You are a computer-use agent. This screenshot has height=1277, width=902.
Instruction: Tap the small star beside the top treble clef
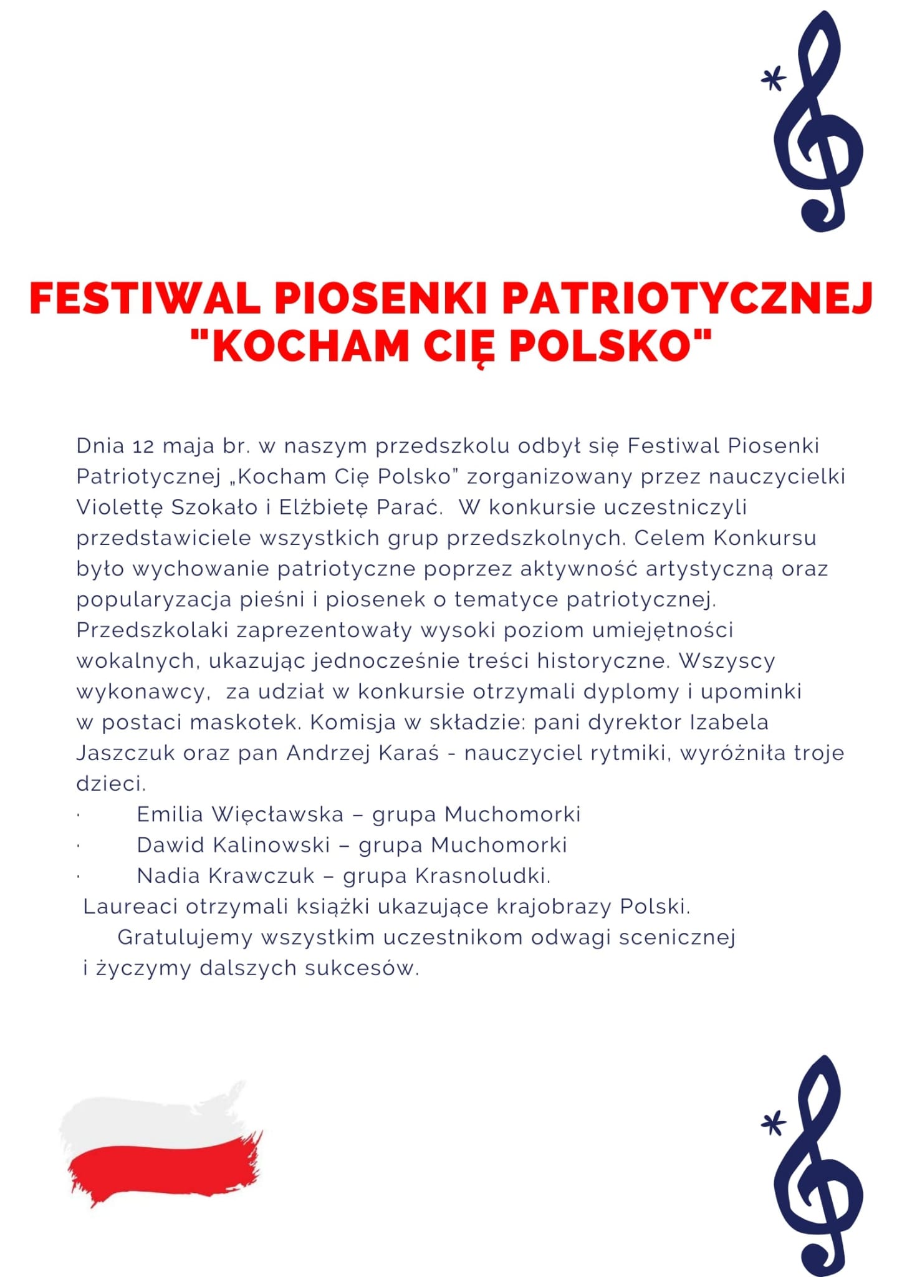point(774,79)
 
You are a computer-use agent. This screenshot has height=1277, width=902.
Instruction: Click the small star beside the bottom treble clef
point(774,1124)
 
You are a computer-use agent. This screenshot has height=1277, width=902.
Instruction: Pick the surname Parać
point(410,508)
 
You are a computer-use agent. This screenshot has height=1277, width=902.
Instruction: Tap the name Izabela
point(729,723)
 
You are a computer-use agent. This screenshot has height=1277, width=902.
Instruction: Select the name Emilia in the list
point(170,814)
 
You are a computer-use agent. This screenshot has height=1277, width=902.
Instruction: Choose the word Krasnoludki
point(482,876)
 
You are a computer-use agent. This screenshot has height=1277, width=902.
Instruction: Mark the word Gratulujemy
point(185,937)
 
